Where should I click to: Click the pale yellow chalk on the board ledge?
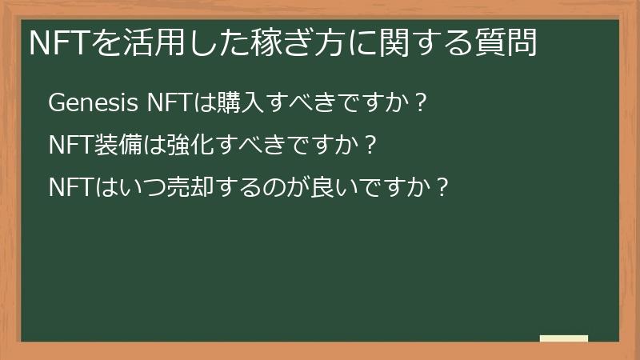coord(564,338)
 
